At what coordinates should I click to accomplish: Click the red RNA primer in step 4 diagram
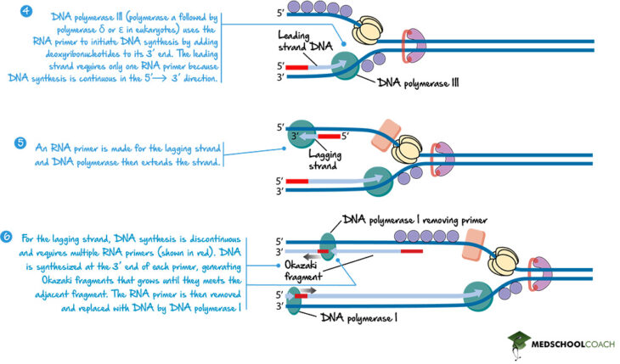tap(297, 65)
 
